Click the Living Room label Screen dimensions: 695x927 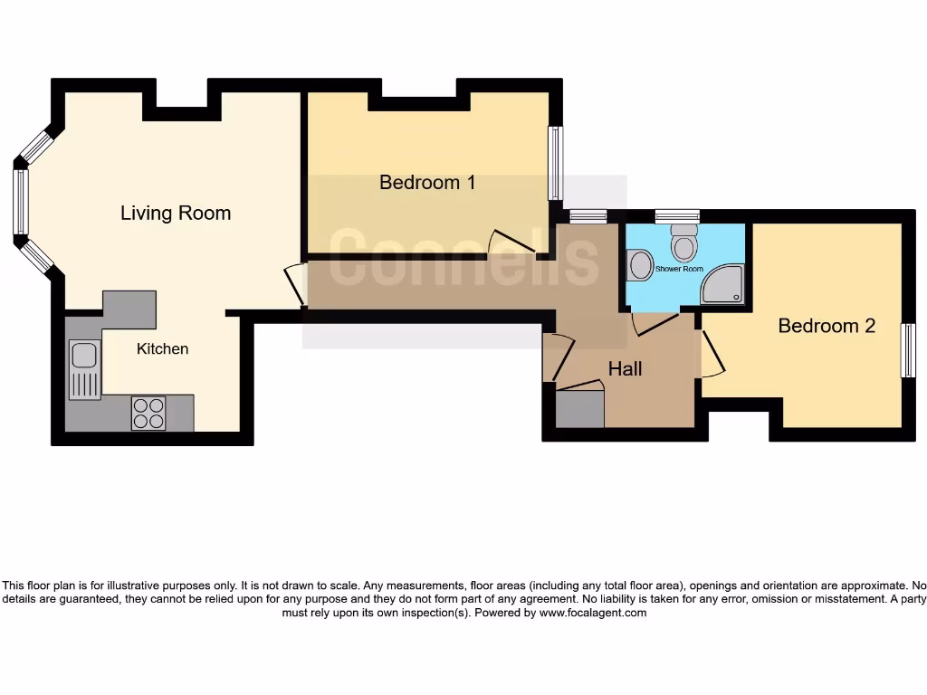coord(176,214)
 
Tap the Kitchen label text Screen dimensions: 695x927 coord(163,348)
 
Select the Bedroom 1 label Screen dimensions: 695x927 coord(427,183)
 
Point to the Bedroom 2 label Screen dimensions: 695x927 coord(827,326)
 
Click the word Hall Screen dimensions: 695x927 coord(625,369)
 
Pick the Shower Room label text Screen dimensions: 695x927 coord(679,270)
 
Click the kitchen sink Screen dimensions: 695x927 coord(85,368)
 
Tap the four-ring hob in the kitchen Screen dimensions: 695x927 coord(148,414)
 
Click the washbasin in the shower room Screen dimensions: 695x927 coord(640,266)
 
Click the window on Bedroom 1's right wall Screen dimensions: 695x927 coord(556,163)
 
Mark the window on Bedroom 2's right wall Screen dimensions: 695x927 coord(908,350)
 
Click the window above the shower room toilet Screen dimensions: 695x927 coord(677,215)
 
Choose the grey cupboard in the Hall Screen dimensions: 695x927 coord(579,409)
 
